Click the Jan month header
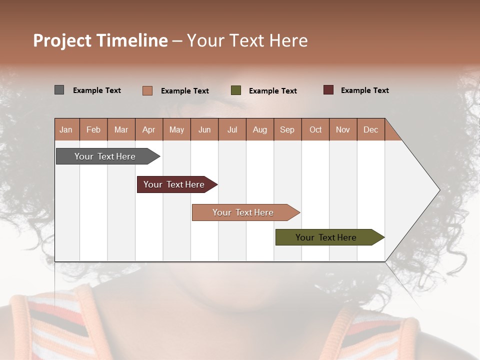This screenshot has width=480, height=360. click(x=66, y=129)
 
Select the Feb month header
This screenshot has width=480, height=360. click(x=93, y=129)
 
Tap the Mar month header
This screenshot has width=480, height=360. click(x=121, y=129)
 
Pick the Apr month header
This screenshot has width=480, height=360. click(x=149, y=129)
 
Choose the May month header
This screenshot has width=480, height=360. click(x=176, y=129)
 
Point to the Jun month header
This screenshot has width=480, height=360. click(x=204, y=129)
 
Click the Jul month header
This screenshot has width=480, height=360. click(x=232, y=129)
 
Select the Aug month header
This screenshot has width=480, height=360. click(x=260, y=129)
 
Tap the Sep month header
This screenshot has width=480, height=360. click(x=287, y=129)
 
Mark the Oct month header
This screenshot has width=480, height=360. click(x=315, y=129)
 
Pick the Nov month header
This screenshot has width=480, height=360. click(x=343, y=129)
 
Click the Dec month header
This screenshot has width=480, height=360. click(x=371, y=129)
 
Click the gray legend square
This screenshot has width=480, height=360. click(x=59, y=90)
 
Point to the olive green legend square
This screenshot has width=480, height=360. click(x=236, y=90)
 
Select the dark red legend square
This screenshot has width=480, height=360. click(x=328, y=90)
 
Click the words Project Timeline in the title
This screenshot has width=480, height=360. click(x=100, y=40)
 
